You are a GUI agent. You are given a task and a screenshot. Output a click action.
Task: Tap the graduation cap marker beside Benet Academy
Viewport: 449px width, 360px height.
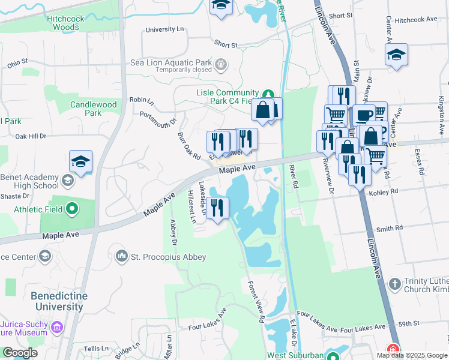80,161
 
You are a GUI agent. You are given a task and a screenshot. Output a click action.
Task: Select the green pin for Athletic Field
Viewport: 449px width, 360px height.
73,209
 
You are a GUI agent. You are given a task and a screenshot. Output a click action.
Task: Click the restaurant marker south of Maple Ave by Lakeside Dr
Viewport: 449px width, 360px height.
217,208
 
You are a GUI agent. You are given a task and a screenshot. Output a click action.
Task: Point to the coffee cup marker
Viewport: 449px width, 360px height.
362,115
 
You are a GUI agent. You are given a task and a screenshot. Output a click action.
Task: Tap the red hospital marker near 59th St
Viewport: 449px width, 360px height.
393,349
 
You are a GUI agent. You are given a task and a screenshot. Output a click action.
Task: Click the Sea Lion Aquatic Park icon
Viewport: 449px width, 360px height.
221,63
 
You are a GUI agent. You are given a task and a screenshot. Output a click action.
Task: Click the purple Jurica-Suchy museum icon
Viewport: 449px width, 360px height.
57,328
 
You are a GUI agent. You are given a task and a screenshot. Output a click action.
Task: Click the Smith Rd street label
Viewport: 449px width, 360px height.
389,229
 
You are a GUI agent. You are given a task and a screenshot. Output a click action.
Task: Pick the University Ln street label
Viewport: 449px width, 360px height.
165,29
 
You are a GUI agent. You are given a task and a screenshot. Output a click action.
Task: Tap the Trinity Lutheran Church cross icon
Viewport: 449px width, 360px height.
394,283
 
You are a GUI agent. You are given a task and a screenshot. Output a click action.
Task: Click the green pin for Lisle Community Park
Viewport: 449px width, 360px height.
269,94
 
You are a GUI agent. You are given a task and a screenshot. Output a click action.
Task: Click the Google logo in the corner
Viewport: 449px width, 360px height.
19,353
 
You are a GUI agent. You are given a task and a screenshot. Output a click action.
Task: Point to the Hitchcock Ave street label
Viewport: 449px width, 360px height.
417,19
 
